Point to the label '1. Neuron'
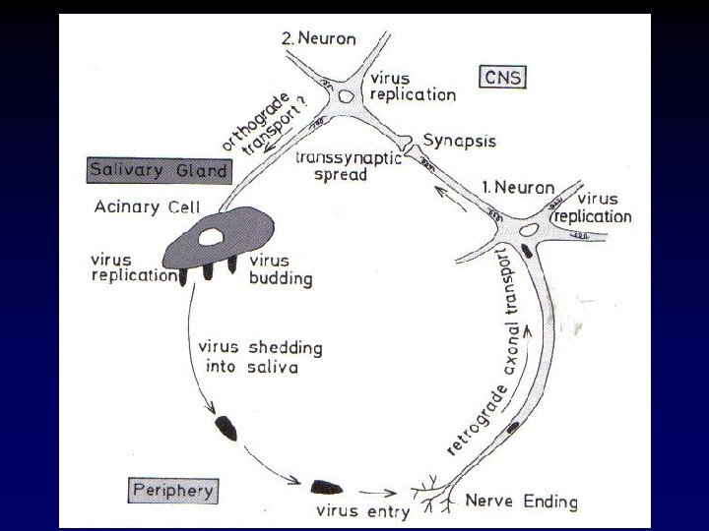pos(517,186)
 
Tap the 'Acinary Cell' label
pos(146,207)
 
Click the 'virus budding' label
pos(281,269)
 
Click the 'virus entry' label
pos(350,510)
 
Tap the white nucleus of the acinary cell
pos(209,237)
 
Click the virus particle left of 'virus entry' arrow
pos(324,487)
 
